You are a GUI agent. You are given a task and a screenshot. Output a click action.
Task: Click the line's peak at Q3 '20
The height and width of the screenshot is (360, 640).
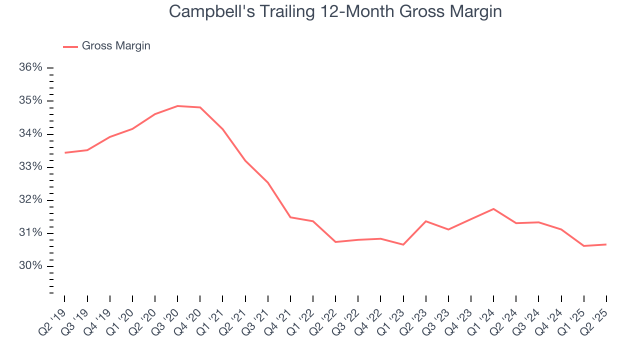(177, 106)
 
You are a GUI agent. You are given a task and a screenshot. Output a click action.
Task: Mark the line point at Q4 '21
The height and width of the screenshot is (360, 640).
(290, 217)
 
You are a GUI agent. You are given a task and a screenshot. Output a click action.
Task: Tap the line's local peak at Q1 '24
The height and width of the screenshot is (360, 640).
(493, 209)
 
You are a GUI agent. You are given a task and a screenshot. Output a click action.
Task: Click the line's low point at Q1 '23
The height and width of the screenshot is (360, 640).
(403, 244)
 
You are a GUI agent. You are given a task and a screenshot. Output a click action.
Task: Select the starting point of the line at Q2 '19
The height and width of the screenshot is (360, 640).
(65, 152)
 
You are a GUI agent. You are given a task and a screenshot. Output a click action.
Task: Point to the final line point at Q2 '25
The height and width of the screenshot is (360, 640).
(606, 244)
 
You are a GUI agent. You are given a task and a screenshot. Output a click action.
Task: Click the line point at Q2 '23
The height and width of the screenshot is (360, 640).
(425, 221)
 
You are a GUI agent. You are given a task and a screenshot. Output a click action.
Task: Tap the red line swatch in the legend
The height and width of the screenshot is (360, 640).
(70, 46)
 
